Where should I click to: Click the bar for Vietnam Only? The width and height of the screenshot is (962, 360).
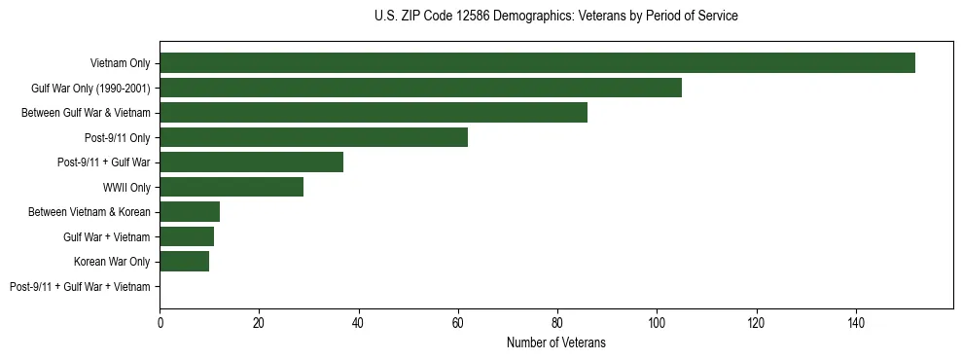point(537,63)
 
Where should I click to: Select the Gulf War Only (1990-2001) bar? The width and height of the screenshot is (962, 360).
point(420,88)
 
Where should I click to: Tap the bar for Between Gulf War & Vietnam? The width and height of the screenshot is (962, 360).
point(374,113)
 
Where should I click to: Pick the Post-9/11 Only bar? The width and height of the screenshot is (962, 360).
point(313,137)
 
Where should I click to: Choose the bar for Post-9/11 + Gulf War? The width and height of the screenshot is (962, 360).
point(252,162)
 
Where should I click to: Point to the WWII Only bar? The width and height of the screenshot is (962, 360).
point(232,187)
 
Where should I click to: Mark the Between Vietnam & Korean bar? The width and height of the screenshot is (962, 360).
point(190,212)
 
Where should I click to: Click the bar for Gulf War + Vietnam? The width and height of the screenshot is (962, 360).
point(187,236)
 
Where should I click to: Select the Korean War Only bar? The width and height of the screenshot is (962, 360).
point(185,262)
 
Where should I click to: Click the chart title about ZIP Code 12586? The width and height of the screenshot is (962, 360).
point(555,17)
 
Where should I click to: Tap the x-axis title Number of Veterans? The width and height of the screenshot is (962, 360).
point(555,342)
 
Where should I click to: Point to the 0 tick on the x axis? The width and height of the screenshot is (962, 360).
point(160,322)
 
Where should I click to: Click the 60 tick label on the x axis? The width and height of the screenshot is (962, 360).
point(458,322)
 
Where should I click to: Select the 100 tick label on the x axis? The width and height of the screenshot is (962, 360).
point(657,322)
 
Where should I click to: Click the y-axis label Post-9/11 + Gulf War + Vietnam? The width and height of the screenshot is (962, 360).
point(80,287)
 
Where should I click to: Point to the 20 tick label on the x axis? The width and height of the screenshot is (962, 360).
point(260,322)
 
